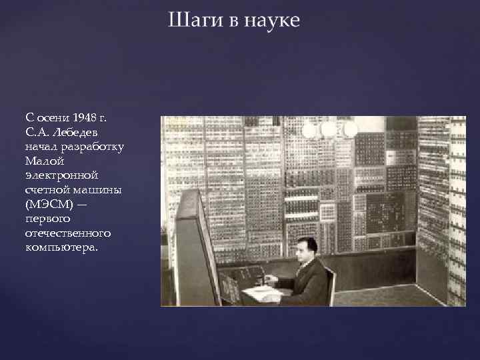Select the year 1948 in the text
86,118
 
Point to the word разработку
87,146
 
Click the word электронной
62,175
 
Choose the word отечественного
69,233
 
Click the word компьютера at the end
62,247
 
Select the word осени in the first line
54,118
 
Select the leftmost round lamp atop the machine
309,130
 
